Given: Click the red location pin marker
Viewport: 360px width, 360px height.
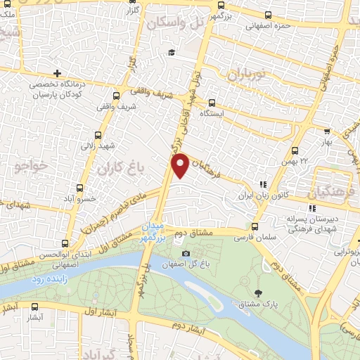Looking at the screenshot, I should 180,165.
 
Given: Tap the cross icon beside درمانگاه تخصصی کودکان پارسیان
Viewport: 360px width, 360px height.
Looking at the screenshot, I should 58,73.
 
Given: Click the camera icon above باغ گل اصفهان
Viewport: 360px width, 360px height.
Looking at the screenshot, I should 186,254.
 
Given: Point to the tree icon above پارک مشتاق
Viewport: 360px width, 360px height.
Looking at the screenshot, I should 258,292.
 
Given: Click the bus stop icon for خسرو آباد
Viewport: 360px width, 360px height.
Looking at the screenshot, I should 81,188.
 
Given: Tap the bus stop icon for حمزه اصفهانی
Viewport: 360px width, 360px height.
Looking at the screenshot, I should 268,14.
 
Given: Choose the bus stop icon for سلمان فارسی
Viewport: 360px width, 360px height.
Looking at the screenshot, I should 255,226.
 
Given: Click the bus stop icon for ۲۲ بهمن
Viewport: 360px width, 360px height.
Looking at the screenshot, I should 295,150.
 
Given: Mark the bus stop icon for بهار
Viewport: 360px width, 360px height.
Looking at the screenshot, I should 328,131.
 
